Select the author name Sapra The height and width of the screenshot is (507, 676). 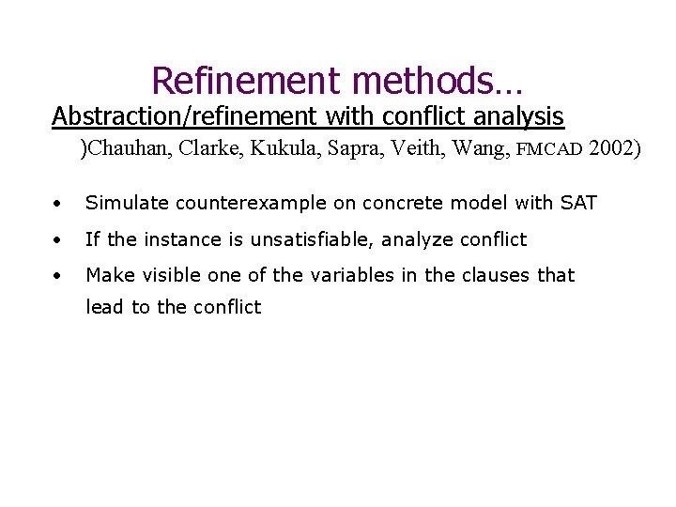click(346, 148)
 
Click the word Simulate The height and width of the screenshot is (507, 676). click(124, 204)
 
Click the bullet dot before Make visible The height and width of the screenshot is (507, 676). click(58, 276)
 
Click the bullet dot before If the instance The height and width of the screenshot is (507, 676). click(58, 240)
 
